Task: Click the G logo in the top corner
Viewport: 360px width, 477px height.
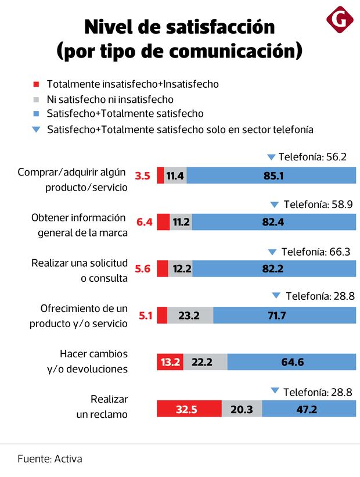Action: coord(340,21)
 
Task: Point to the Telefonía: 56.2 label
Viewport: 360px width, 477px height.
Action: coord(312,157)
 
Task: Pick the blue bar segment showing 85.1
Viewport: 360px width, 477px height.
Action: coord(271,175)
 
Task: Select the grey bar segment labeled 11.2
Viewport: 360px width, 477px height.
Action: coord(181,222)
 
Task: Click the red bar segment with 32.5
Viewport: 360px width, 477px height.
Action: coord(189,409)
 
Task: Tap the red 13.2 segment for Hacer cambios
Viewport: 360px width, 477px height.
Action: coord(171,362)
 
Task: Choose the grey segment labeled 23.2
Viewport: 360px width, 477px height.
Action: coord(190,315)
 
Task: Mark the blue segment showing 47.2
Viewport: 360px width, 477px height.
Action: coord(308,409)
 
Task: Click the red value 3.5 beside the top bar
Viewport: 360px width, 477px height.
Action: coord(143,175)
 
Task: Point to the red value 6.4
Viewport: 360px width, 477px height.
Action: coord(144,222)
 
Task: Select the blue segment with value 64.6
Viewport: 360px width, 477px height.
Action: coord(291,362)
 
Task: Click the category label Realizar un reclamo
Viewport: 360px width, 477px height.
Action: coord(102,407)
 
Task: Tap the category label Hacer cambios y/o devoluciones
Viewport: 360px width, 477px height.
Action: coord(93,361)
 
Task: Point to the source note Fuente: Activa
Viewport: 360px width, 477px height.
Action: coord(50,458)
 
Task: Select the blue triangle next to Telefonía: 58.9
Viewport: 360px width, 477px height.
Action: coord(275,205)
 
